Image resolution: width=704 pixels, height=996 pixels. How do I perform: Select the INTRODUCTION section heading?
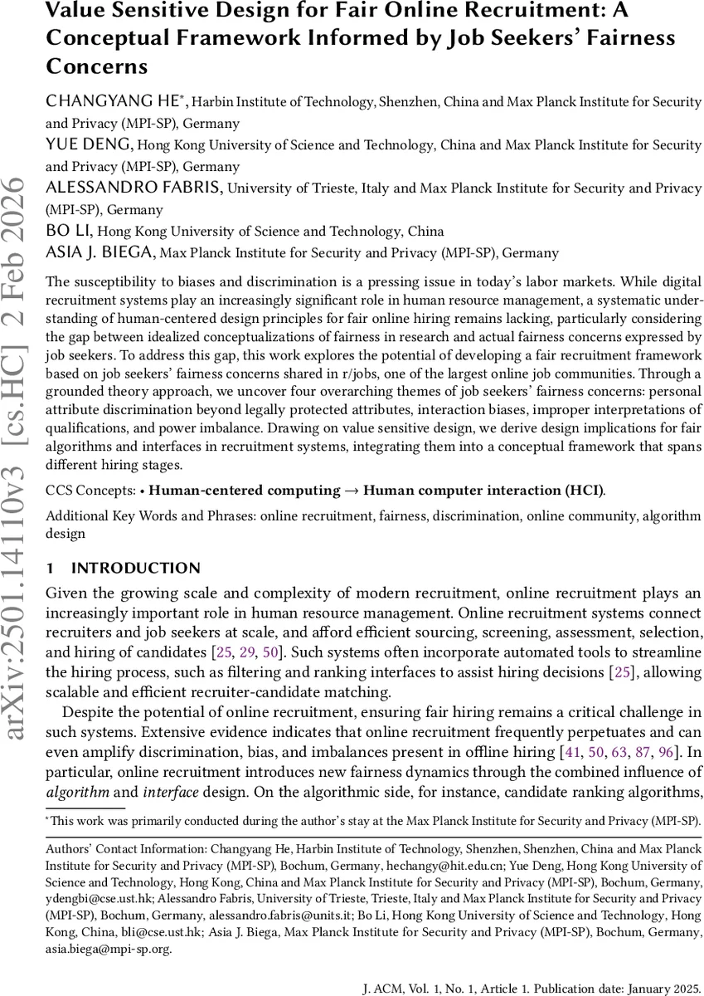(136, 569)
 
